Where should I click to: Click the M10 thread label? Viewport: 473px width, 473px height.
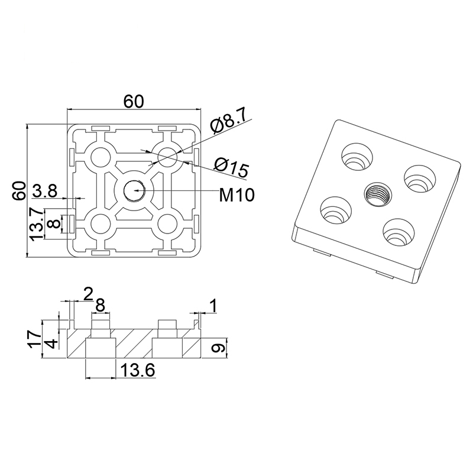(x=237, y=193)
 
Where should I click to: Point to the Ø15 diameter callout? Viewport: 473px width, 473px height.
(x=231, y=167)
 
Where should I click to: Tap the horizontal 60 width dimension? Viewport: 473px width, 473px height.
(x=133, y=101)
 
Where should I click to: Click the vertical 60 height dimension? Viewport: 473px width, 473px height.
(x=19, y=191)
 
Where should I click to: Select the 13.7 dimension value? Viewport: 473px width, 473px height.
(x=37, y=224)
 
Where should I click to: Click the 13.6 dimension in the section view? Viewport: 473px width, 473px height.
(x=138, y=371)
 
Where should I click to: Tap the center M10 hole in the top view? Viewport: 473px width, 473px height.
(x=134, y=190)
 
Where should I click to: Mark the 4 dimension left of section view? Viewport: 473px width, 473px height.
(x=52, y=344)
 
